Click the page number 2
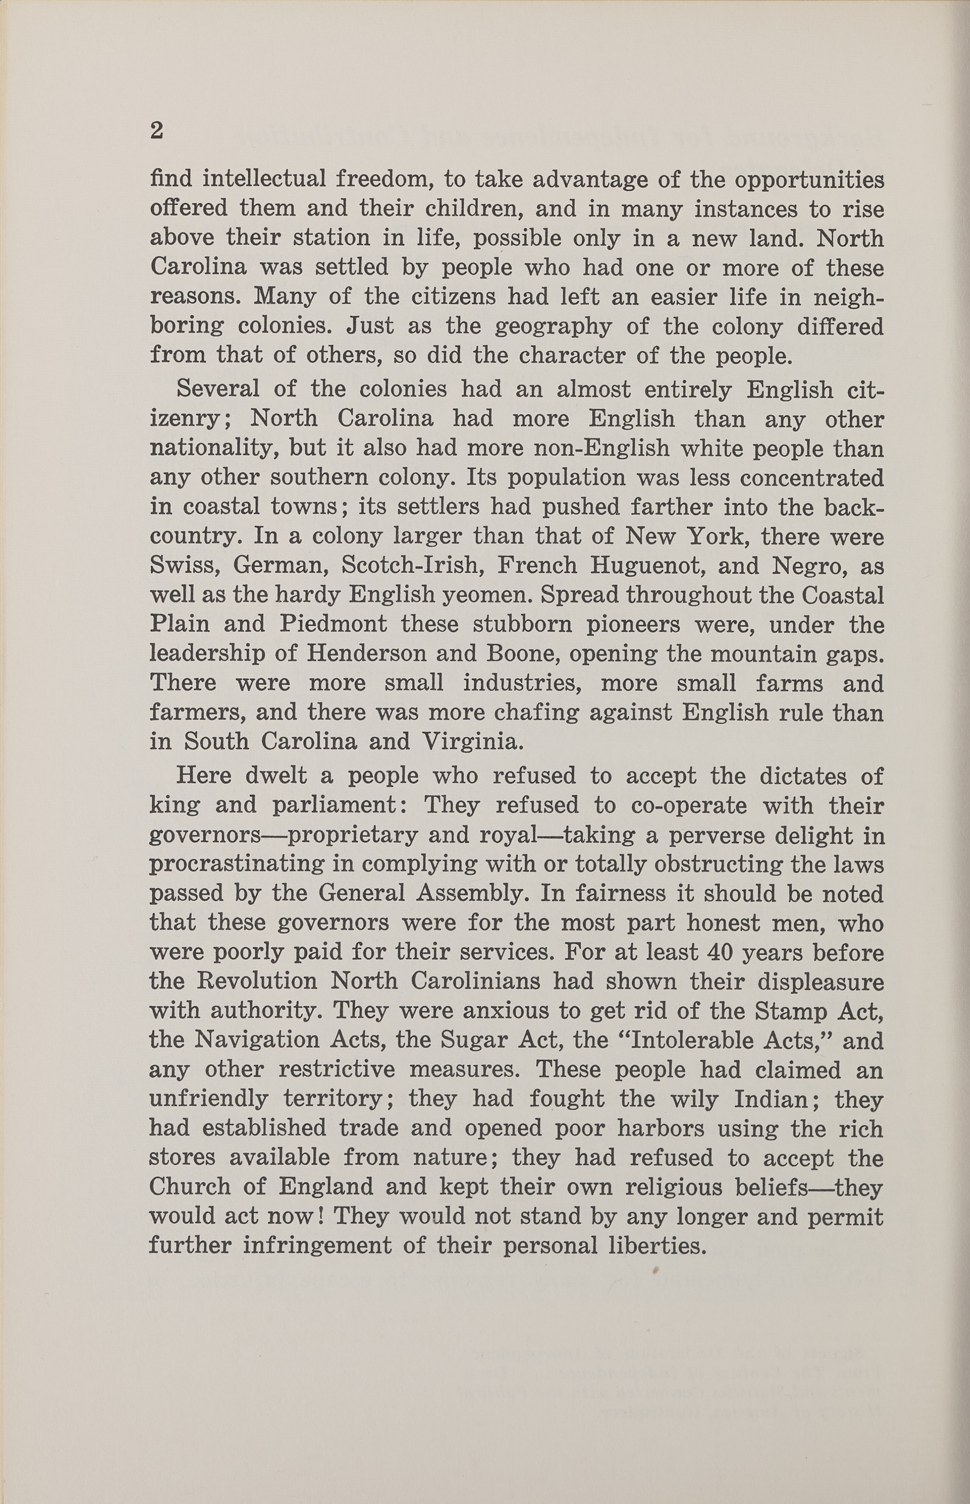tap(157, 131)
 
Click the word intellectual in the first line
tap(264, 179)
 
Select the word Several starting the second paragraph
tap(217, 389)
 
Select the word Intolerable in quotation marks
tap(690, 1040)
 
